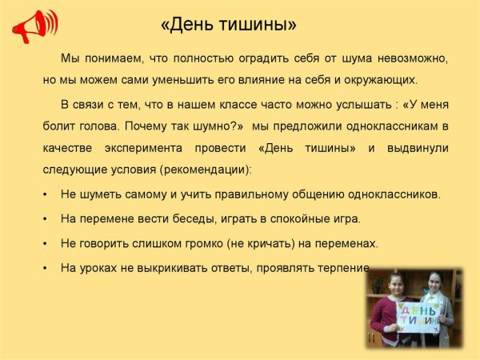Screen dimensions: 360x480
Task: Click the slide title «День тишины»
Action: (x=228, y=25)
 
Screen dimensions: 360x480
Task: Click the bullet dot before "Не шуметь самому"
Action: (x=43, y=194)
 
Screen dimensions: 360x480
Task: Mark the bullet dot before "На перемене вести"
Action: (x=43, y=218)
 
